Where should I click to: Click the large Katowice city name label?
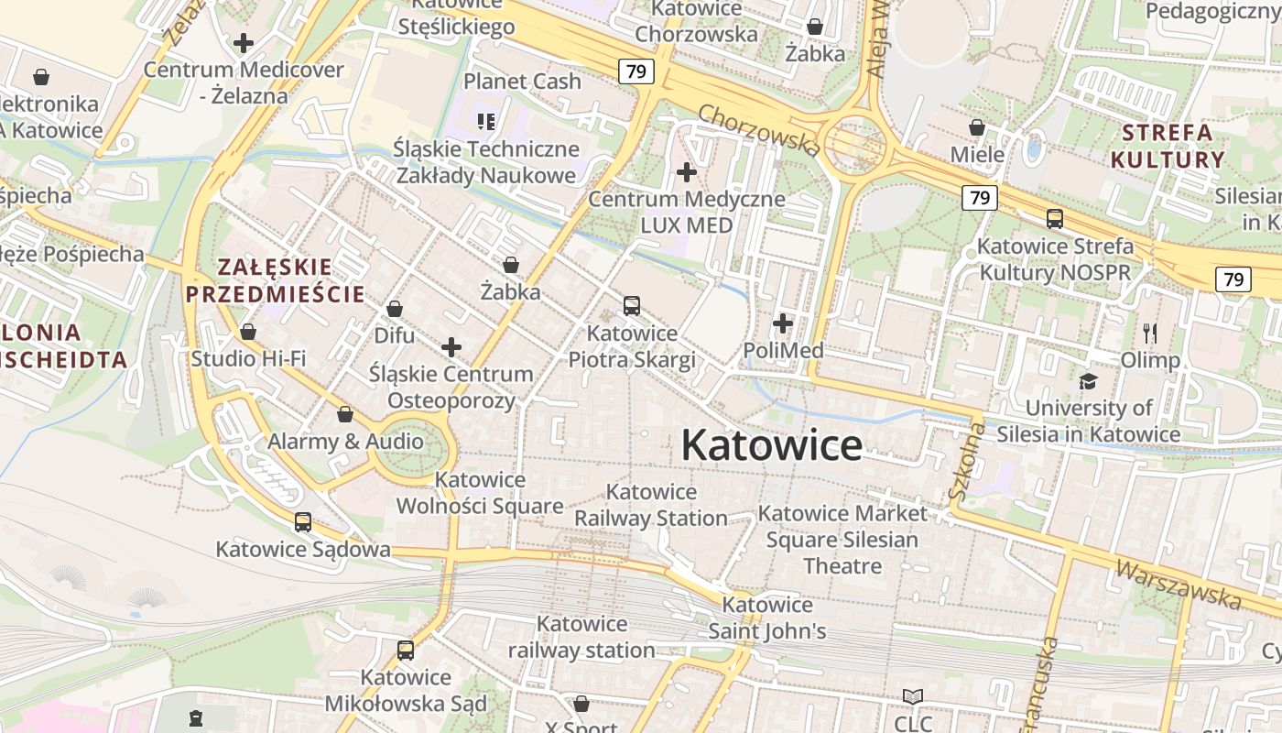tap(771, 446)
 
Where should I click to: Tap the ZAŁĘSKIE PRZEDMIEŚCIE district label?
tap(275, 281)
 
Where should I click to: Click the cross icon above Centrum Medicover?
tap(244, 43)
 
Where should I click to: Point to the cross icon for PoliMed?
tap(783, 323)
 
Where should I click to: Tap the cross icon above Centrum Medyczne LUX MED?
tap(686, 171)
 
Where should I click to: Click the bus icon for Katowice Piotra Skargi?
tap(632, 306)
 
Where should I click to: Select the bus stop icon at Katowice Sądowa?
tap(303, 522)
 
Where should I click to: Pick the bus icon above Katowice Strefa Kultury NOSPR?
tap(1055, 219)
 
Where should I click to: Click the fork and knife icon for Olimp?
tap(1150, 334)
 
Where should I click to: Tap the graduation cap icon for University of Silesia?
tap(1088, 381)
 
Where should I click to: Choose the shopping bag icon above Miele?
tap(977, 127)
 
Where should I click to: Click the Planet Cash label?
tap(522, 82)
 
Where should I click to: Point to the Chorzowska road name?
tap(758, 129)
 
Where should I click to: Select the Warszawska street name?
tap(1178, 583)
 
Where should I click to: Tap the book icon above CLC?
tap(912, 696)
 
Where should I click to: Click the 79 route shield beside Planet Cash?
tap(636, 71)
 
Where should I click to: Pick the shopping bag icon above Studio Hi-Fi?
tap(248, 332)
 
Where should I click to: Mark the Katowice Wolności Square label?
tap(480, 493)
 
